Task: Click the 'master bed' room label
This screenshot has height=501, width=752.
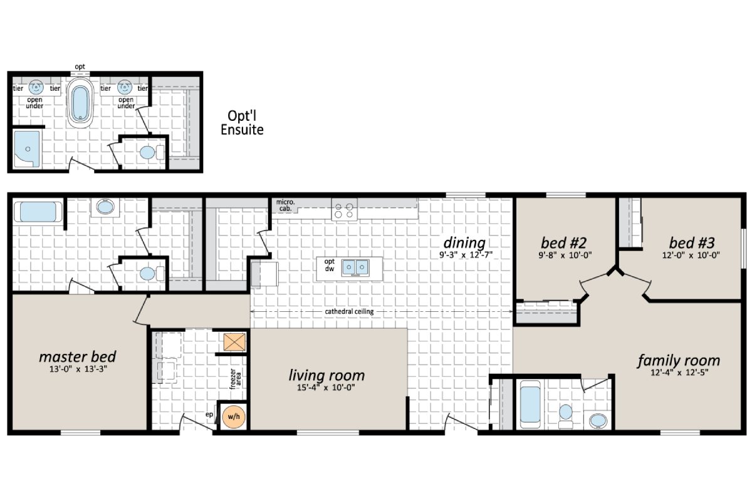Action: click(x=77, y=356)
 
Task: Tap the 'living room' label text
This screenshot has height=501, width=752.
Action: click(x=326, y=376)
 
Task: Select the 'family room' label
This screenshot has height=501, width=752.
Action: click(x=679, y=361)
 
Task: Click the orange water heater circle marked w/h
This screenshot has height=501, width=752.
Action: click(x=233, y=416)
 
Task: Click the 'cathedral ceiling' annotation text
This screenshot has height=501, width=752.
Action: click(x=351, y=312)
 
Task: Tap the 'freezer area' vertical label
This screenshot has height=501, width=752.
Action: click(x=234, y=380)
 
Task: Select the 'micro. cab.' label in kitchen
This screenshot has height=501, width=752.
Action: click(x=285, y=205)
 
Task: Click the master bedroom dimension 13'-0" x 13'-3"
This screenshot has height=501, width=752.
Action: click(x=77, y=369)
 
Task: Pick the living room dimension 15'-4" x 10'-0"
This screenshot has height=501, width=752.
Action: click(x=326, y=388)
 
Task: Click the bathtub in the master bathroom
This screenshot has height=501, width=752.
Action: click(x=38, y=212)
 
